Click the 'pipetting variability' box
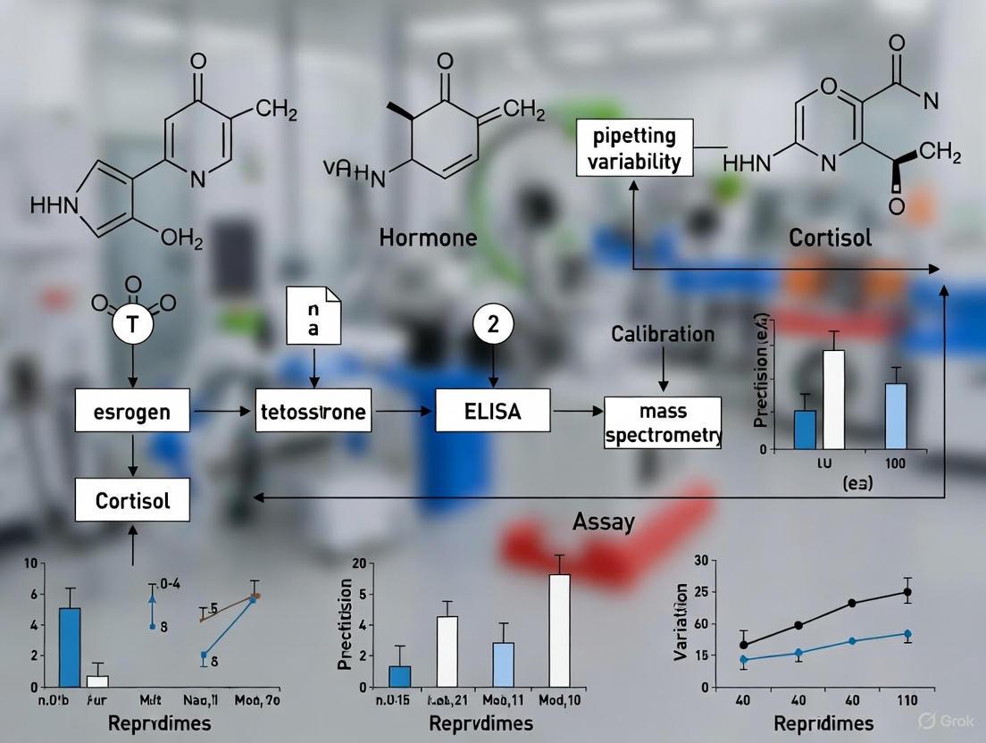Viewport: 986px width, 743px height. pyautogui.click(x=634, y=149)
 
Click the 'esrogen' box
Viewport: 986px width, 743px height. pyautogui.click(x=132, y=413)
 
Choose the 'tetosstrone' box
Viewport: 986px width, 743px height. pyautogui.click(x=313, y=413)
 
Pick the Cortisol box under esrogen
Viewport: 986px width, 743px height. pyautogui.click(x=132, y=500)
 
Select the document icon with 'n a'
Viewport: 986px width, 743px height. pyautogui.click(x=314, y=315)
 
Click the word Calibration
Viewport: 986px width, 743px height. pyautogui.click(x=663, y=334)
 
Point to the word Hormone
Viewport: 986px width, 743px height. pyautogui.click(x=428, y=238)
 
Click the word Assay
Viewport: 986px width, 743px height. pyautogui.click(x=604, y=521)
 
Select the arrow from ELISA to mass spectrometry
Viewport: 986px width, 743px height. pyautogui.click(x=578, y=411)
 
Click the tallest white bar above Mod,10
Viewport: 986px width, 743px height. pyautogui.click(x=559, y=630)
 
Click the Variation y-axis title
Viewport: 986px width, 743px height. pyautogui.click(x=681, y=622)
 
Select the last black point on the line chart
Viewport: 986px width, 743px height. pyautogui.click(x=907, y=592)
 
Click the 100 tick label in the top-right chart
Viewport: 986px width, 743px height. pyautogui.click(x=896, y=464)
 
